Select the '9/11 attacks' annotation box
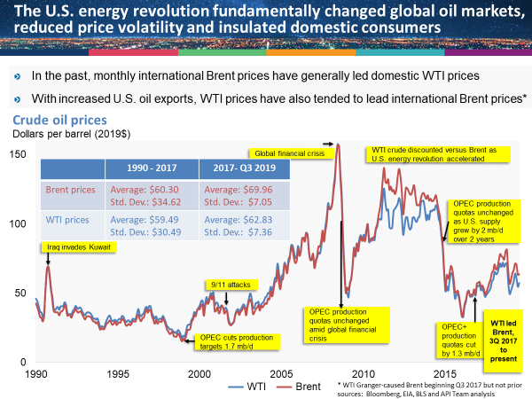click(233, 285)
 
